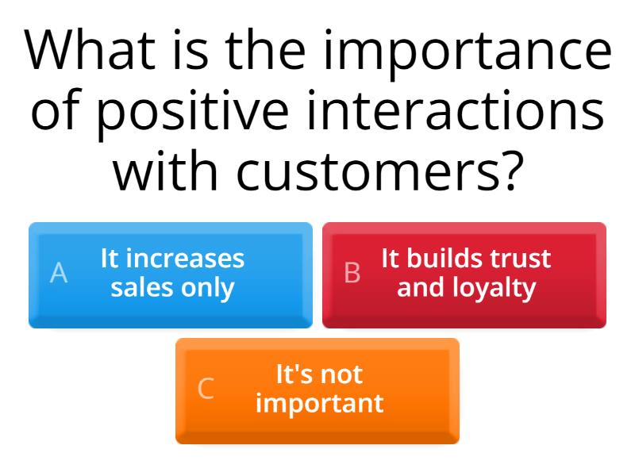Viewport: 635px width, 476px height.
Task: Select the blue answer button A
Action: (171, 274)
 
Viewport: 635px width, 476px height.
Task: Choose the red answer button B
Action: (464, 274)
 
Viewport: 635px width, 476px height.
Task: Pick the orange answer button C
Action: (317, 390)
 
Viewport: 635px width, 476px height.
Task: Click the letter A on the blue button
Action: (59, 273)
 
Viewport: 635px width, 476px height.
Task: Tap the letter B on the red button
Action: (352, 273)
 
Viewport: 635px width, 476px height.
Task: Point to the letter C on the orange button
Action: (206, 389)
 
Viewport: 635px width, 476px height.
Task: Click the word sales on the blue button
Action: (141, 288)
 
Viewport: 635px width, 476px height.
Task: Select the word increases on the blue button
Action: (186, 259)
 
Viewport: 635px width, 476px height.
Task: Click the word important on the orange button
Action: (319, 404)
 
